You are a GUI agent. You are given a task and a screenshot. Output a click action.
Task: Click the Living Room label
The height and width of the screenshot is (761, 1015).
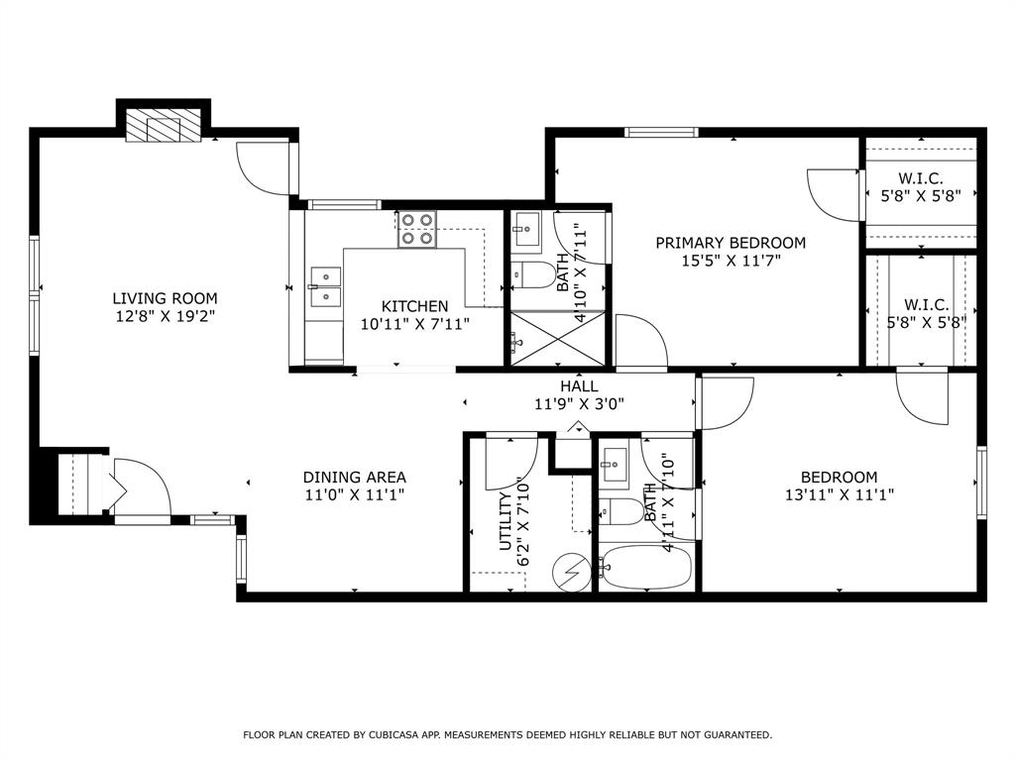pyautogui.click(x=165, y=298)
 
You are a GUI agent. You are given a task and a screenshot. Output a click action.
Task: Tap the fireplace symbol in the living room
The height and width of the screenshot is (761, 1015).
pyautogui.click(x=164, y=129)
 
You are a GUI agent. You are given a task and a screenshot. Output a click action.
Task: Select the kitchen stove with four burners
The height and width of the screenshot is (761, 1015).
pyautogui.click(x=417, y=230)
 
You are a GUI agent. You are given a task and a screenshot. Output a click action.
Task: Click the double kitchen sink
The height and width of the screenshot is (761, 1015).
pyautogui.click(x=324, y=287)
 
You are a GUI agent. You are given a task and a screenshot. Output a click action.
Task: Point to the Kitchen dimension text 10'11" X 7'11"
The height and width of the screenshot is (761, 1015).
pyautogui.click(x=414, y=324)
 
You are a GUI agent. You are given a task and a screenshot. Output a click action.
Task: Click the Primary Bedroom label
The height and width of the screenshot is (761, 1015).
pyautogui.click(x=731, y=243)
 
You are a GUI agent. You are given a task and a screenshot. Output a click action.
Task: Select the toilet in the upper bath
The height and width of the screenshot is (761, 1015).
pyautogui.click(x=534, y=274)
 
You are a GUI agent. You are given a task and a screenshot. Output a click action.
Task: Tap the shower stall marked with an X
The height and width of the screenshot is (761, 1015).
pyautogui.click(x=556, y=337)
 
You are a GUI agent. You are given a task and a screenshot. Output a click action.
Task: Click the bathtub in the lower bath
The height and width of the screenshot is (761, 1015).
pyautogui.click(x=645, y=568)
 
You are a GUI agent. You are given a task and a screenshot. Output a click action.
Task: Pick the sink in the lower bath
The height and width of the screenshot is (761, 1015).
pyautogui.click(x=615, y=464)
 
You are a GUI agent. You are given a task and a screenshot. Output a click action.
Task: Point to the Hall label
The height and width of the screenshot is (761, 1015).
pyautogui.click(x=579, y=386)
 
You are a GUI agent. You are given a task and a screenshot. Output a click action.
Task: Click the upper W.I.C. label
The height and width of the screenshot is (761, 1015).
pyautogui.click(x=921, y=178)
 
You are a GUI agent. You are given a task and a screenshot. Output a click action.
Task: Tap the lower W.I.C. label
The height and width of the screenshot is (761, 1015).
pyautogui.click(x=927, y=305)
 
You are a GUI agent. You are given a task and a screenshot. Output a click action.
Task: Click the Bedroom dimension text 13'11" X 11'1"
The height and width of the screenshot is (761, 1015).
pyautogui.click(x=840, y=494)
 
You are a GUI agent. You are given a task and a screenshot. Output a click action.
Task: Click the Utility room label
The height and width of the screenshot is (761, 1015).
pyautogui.click(x=506, y=522)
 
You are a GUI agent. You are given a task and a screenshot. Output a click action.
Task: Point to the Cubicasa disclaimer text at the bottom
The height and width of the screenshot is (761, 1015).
pyautogui.click(x=507, y=735)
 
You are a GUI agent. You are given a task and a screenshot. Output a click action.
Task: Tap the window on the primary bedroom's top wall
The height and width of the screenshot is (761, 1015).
pyautogui.click(x=660, y=132)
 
